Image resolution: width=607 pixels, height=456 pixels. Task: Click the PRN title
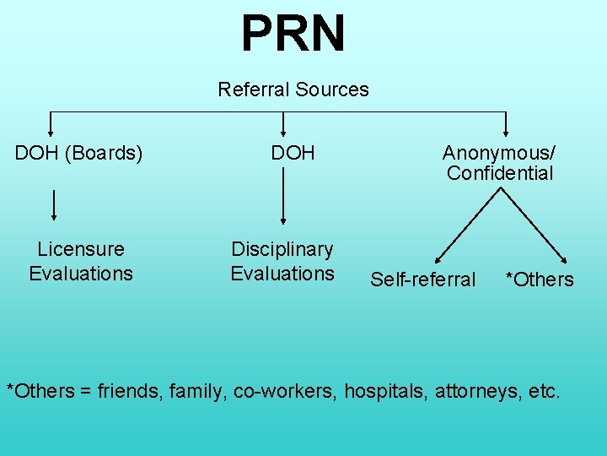(293, 34)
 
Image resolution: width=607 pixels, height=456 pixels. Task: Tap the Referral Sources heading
(293, 90)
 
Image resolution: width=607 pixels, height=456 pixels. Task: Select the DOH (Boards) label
(79, 154)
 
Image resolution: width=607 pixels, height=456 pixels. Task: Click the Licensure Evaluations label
(81, 261)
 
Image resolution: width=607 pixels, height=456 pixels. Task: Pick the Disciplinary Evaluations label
(282, 261)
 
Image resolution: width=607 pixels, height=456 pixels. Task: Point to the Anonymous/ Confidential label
(499, 163)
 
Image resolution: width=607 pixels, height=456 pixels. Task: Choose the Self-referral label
(422, 280)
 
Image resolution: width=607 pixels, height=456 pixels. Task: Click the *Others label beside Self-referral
(539, 280)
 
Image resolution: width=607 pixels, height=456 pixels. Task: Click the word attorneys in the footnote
(475, 391)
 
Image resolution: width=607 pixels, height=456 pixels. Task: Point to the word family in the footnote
(196, 391)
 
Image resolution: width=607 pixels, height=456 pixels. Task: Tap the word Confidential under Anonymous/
(500, 174)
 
